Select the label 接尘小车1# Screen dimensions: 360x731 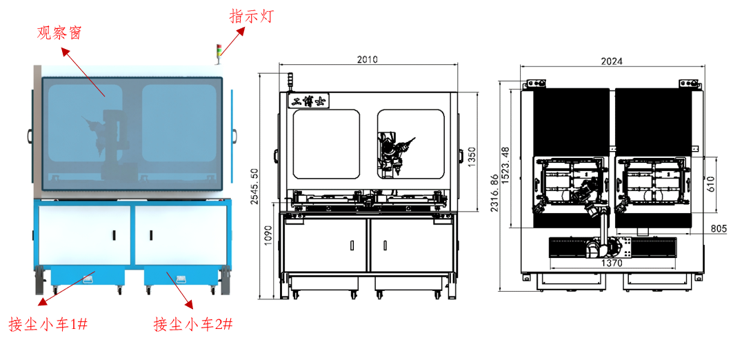[46, 325]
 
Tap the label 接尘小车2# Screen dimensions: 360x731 [192, 325]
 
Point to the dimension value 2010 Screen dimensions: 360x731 [368, 59]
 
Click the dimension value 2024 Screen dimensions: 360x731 [612, 61]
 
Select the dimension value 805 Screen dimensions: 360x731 [718, 228]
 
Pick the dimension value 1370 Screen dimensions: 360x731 [612, 263]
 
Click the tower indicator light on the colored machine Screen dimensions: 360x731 [220, 51]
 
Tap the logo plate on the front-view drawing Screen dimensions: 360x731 [309, 101]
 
